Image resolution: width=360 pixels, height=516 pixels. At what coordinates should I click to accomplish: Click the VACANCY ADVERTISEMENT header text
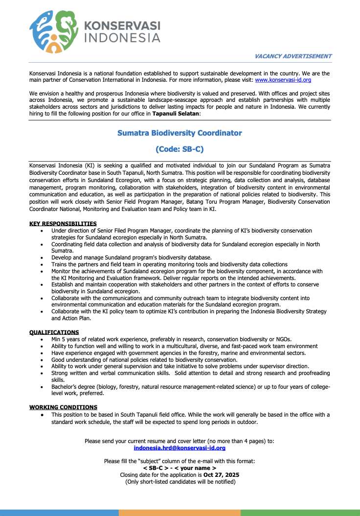point(292,56)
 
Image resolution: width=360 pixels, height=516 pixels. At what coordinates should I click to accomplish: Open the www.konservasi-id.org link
point(283,79)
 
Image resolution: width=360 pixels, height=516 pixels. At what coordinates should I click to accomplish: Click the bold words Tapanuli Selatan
point(176,114)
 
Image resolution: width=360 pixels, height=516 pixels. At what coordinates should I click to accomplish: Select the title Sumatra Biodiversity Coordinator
point(180,133)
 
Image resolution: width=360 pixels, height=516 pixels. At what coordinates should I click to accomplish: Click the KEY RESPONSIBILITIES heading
point(63,223)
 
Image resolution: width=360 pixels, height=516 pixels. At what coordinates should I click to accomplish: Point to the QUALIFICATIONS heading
point(54,332)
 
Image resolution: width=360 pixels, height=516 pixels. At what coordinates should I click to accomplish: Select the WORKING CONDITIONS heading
point(63,407)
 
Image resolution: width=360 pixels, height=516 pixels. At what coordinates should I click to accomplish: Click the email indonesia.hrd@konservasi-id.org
point(180,447)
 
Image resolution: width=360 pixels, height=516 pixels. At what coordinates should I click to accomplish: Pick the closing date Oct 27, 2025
point(221,475)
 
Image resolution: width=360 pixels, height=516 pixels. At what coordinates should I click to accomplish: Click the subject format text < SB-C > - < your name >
point(180,468)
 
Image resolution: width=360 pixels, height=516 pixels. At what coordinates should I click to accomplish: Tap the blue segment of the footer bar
point(59,513)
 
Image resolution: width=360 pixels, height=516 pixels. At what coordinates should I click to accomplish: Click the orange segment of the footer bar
point(180,513)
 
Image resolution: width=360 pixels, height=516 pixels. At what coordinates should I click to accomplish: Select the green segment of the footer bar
point(300,513)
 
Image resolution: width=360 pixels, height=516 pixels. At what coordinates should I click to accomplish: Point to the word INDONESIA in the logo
point(122,38)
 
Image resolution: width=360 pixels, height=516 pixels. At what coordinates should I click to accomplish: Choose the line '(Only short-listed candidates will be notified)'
point(180,482)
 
